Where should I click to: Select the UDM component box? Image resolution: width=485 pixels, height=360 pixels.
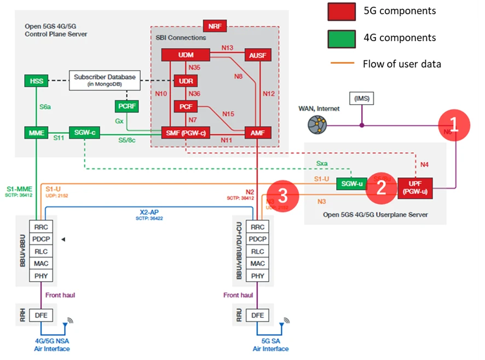[186, 55]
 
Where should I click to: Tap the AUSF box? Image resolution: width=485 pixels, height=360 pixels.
[257, 55]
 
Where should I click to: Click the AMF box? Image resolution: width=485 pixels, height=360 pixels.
[257, 133]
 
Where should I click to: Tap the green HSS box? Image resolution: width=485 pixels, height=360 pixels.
[36, 81]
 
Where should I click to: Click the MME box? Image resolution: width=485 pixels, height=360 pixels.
[36, 133]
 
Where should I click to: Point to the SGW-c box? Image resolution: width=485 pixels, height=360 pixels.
[84, 133]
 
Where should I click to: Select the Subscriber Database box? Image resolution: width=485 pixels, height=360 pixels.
[105, 81]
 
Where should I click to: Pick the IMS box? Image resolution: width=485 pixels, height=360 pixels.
[362, 98]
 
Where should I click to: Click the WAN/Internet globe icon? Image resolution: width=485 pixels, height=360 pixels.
[317, 125]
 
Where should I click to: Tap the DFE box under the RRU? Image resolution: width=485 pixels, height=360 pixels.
[257, 315]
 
